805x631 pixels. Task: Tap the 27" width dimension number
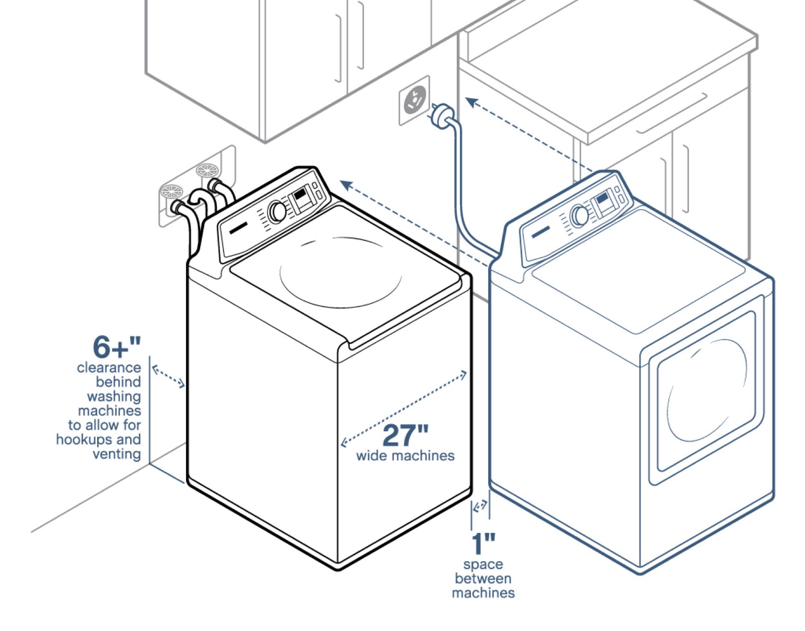pos(405,435)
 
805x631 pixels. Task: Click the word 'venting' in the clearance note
pos(116,454)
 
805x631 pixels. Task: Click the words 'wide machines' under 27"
pos(405,455)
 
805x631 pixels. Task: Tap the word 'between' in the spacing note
pos(483,578)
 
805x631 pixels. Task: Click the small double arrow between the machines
pos(480,506)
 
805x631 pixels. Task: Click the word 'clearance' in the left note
pos(109,368)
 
